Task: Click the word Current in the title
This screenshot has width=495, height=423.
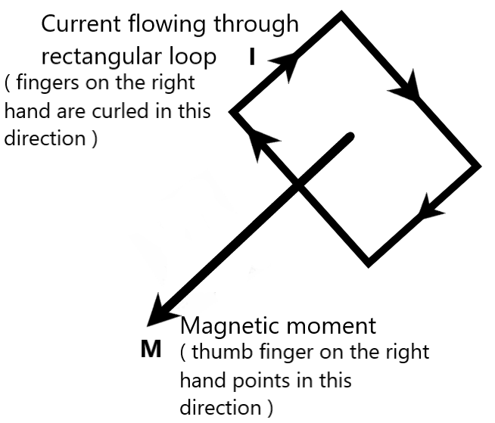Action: pyautogui.click(x=77, y=24)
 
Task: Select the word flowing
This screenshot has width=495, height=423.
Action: pyautogui.click(x=157, y=24)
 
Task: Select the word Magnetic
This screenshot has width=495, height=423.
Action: pyautogui.click(x=226, y=326)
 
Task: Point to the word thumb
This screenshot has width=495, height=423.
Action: pyautogui.click(x=215, y=353)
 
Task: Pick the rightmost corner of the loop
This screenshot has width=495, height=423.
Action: pyautogui.click(x=477, y=165)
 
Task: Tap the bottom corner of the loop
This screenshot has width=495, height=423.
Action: pyautogui.click(x=369, y=263)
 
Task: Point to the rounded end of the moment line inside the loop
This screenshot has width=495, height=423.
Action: pyautogui.click(x=349, y=137)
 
